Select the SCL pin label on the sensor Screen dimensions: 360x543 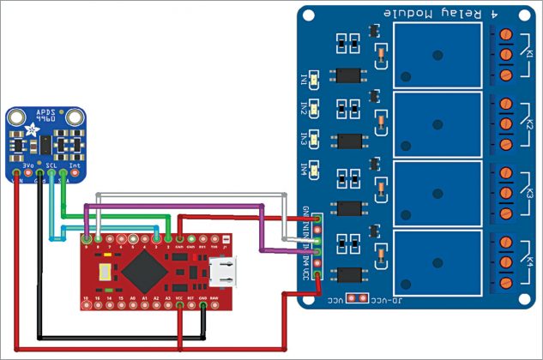pyautogui.click(x=51, y=164)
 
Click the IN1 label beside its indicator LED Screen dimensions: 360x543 pyautogui.click(x=305, y=80)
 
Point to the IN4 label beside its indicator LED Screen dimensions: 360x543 pyautogui.click(x=305, y=168)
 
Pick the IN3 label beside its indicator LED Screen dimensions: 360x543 pyautogui.click(x=305, y=139)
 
